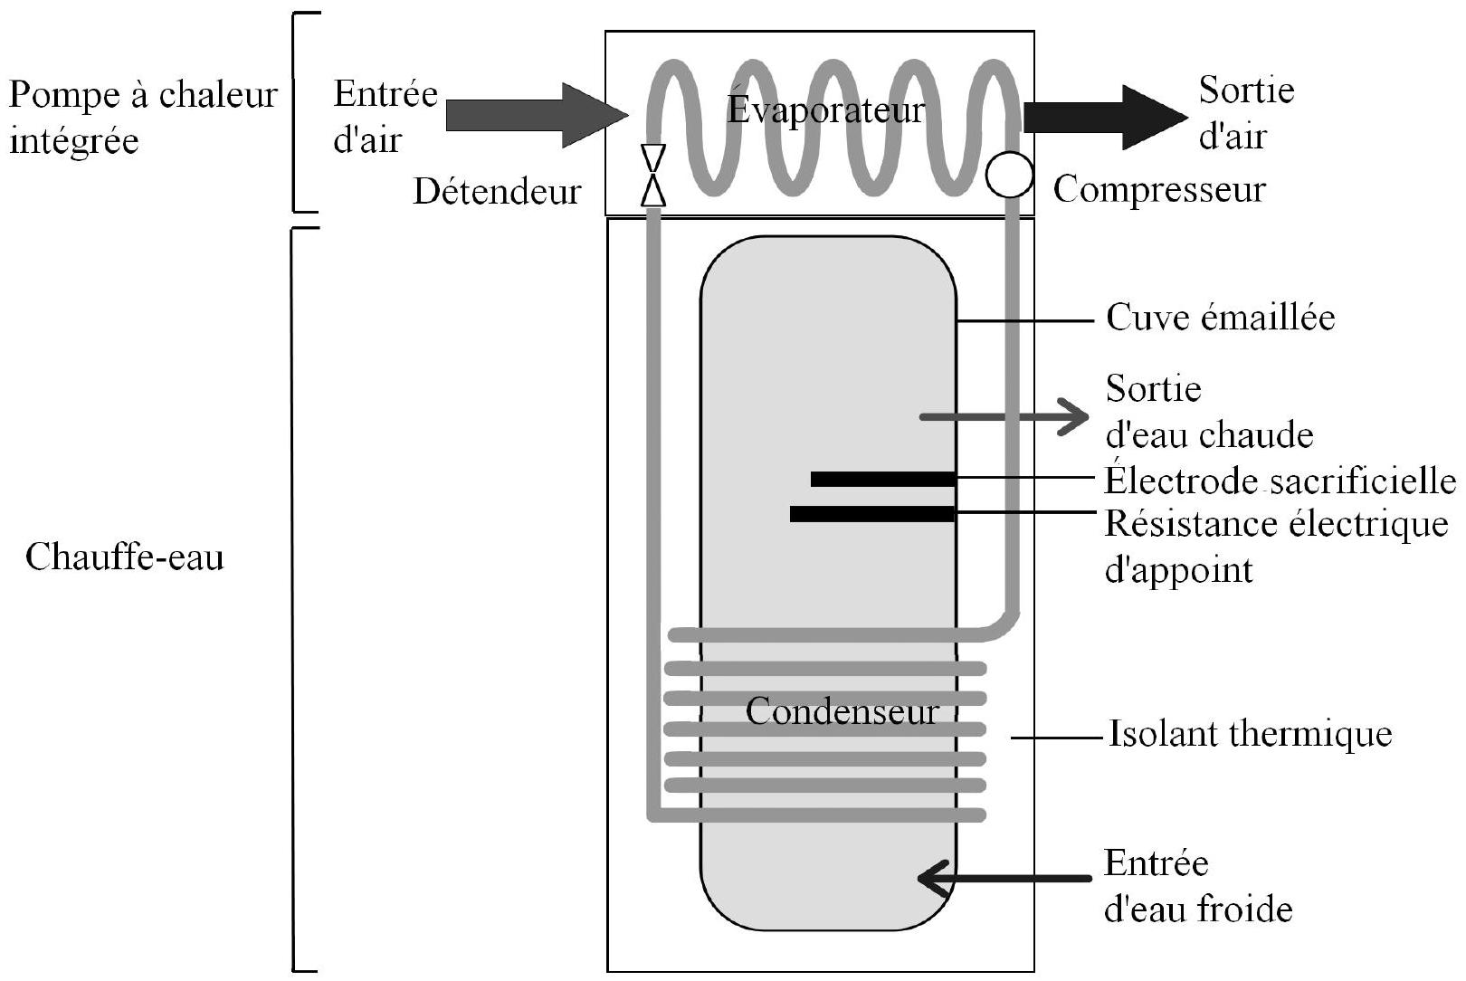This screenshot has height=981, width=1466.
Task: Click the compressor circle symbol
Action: click(1009, 175)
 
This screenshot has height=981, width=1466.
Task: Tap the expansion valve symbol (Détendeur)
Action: click(653, 176)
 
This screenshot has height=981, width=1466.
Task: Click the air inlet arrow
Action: click(538, 115)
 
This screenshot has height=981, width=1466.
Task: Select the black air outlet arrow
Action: click(1106, 118)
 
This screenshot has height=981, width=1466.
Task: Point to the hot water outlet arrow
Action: click(1004, 417)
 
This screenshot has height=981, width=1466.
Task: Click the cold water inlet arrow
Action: click(1004, 878)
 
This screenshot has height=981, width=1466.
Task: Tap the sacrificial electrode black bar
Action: click(883, 479)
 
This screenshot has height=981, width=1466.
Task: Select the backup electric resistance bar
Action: click(873, 514)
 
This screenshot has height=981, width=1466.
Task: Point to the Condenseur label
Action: click(842, 710)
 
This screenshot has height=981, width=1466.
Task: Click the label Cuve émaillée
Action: click(1221, 318)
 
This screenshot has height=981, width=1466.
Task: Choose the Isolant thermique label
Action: click(1250, 733)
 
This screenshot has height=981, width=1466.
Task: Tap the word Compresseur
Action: click(1160, 190)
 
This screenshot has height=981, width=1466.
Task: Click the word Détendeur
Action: click(497, 191)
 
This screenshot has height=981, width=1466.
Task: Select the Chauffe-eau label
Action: click(124, 557)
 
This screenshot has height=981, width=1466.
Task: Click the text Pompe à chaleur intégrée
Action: click(143, 118)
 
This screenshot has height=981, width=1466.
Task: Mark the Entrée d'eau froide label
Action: click(1198, 886)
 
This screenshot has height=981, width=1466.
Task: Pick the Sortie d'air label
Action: click(1246, 113)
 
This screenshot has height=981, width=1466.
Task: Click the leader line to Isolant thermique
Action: click(1058, 738)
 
